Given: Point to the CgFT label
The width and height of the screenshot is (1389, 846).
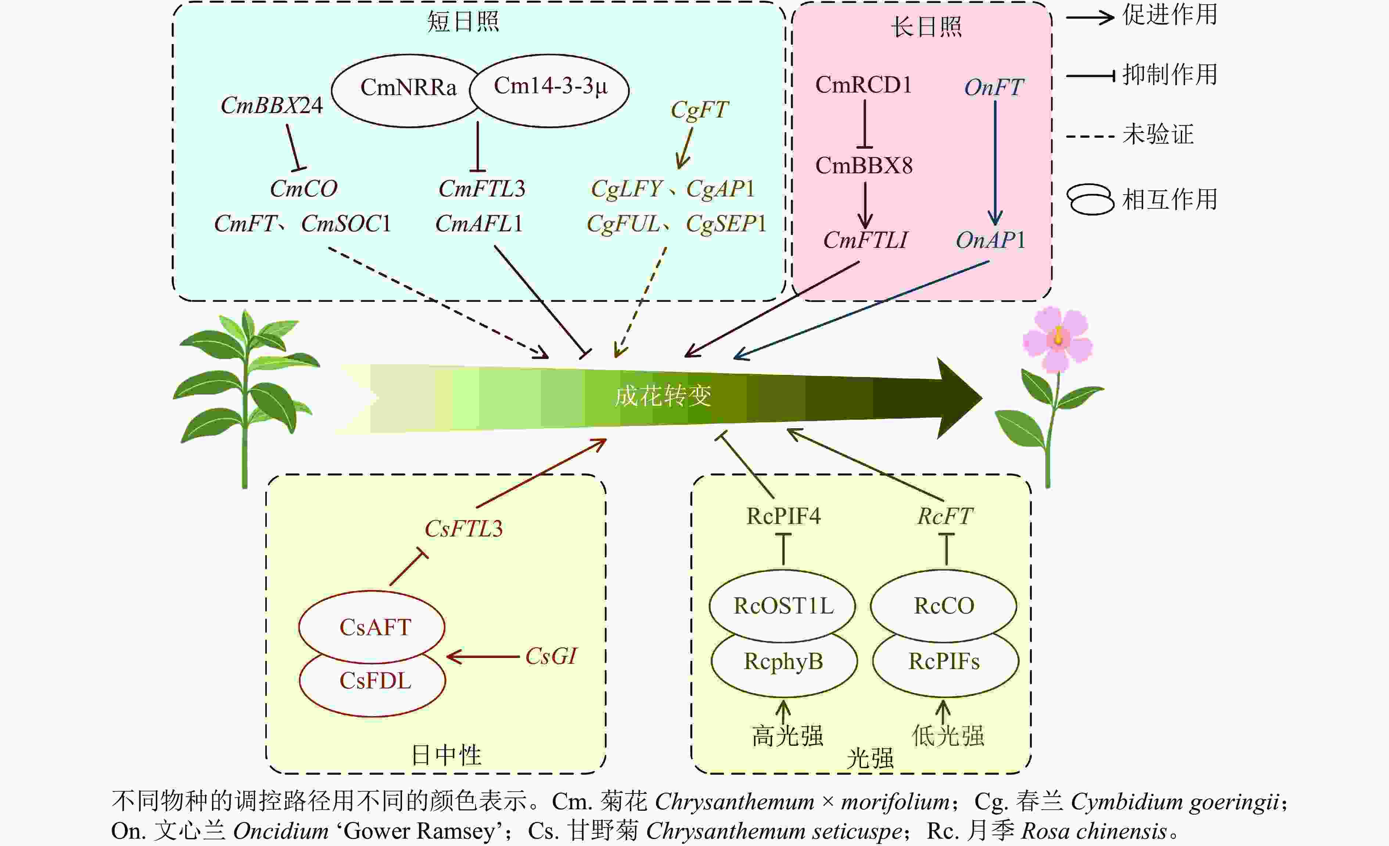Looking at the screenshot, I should tap(699, 110).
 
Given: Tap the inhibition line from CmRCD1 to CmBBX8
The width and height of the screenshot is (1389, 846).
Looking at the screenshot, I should tap(865, 124).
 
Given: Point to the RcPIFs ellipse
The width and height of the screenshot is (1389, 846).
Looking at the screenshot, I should tap(944, 662).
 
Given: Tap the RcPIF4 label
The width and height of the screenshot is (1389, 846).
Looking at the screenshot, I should tap(783, 516).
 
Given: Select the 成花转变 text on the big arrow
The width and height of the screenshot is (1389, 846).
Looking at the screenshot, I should tap(663, 396).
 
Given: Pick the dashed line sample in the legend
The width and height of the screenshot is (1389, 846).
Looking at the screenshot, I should tap(1090, 136).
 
